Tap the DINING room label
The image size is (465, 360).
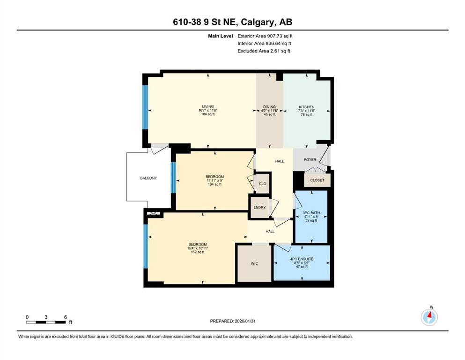[x=269, y=106]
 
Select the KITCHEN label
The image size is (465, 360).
[x=307, y=106]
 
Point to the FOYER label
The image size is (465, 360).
[x=310, y=160]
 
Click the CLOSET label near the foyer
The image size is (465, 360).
[x=317, y=180]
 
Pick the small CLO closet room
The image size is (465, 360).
[x=262, y=183]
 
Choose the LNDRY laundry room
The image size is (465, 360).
[x=259, y=208]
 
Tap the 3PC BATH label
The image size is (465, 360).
[x=310, y=212]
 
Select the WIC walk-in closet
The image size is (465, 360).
[x=254, y=263]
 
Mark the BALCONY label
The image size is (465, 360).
[x=148, y=178]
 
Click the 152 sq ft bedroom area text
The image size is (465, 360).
[x=198, y=252]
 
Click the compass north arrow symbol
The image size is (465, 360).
[x=429, y=317]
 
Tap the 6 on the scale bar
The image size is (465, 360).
[x=65, y=317]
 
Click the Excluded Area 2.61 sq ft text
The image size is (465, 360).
[x=264, y=51]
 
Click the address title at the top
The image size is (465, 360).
[x=232, y=22]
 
